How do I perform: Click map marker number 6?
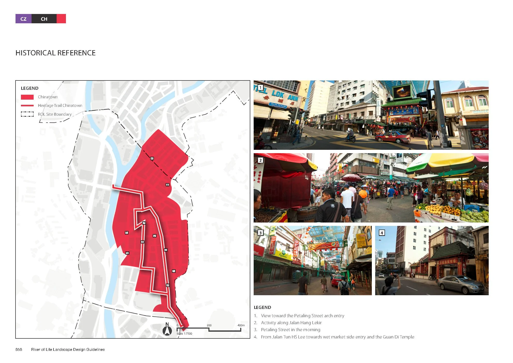(x=152, y=158)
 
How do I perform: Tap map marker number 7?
(x=144, y=223)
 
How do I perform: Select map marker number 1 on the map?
(x=174, y=271)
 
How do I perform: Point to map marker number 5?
(x=126, y=233)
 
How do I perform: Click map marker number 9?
(x=168, y=285)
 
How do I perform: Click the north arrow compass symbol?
(x=167, y=330)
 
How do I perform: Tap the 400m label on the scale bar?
(x=241, y=325)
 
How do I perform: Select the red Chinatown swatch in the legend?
(x=27, y=97)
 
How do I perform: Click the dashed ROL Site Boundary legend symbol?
(x=27, y=114)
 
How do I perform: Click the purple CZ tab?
(x=24, y=19)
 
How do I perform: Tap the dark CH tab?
(x=44, y=19)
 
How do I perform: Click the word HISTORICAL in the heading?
(x=35, y=53)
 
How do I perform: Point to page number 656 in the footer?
(x=19, y=350)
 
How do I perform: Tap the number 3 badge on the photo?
(x=260, y=233)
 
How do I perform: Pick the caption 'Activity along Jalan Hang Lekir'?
(x=291, y=323)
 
